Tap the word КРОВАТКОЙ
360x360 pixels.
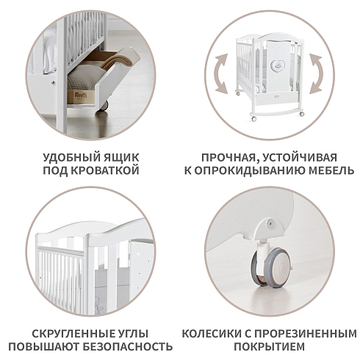click(x=105, y=170)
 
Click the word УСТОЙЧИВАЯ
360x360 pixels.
click(x=300, y=157)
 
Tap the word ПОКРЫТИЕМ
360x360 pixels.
click(x=270, y=347)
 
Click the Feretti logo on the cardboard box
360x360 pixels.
click(x=81, y=95)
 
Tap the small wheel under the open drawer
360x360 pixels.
click(x=104, y=106)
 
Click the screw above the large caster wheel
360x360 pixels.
click(x=270, y=222)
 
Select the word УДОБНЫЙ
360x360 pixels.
click(x=65, y=157)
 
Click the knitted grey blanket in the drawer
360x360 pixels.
click(x=84, y=77)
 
